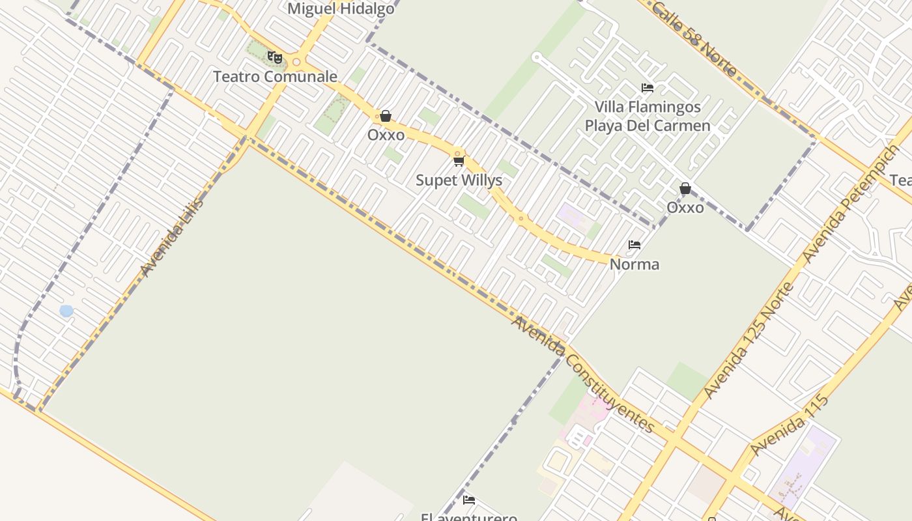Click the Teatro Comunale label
coord(275,77)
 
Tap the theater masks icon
coord(275,58)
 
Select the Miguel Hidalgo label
coord(341,9)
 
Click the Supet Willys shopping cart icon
coord(459,161)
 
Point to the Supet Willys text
coord(459,180)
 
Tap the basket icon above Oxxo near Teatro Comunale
coord(386,116)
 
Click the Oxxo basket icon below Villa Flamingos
coord(685,189)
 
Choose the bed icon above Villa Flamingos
coord(647,88)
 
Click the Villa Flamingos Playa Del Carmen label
coord(647,116)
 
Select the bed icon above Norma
coord(634,245)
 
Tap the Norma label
coord(634,264)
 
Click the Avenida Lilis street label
coord(171,237)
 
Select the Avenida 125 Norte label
coord(748,341)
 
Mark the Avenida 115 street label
coord(789,425)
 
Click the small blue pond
coord(66,311)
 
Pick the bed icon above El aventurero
coord(469,500)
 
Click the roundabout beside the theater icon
coord(296,63)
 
